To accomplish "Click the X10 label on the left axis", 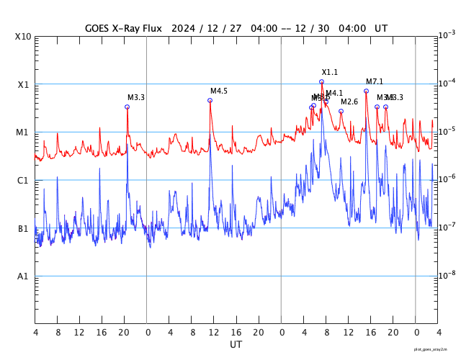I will point(23,37).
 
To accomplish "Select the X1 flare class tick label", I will point(23,85).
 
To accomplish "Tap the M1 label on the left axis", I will point(23,132).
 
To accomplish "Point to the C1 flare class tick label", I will point(23,181).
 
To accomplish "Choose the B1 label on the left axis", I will point(23,229).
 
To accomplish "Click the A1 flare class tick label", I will point(23,276).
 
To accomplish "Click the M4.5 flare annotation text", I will point(219,91).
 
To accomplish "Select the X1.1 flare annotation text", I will point(330,73).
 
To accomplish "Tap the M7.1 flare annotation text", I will point(375,82).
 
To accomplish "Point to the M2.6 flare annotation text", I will point(349,102).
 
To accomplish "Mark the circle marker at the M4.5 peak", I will point(210,100).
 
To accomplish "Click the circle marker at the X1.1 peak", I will point(321,81).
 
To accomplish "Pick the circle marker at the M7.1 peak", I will point(366,91).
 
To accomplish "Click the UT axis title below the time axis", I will point(236,345).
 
